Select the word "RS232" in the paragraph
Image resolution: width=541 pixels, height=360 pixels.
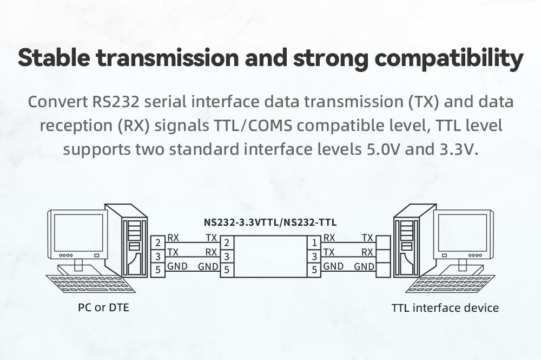[120, 102]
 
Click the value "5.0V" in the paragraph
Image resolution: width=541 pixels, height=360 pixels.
[380, 149]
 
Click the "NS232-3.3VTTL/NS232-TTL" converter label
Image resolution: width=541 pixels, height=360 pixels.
[270, 222]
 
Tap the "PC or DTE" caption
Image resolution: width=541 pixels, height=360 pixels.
[103, 308]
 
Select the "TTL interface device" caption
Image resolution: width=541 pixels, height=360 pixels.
[445, 308]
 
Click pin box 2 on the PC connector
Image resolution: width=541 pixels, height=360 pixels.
[157, 243]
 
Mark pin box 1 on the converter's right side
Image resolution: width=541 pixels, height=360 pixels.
[314, 243]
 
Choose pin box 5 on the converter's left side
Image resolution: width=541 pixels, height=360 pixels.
[227, 269]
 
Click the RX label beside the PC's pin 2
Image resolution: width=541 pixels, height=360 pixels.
[173, 238]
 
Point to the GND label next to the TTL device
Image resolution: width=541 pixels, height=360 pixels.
[364, 266]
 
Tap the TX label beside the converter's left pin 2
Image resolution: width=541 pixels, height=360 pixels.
[212, 238]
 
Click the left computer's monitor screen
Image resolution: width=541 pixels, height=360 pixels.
[78, 232]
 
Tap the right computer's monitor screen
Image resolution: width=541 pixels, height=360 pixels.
[463, 232]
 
